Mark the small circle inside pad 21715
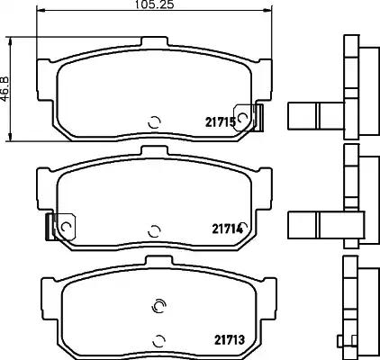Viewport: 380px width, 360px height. (156, 123)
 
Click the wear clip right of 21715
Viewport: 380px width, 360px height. (258, 115)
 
